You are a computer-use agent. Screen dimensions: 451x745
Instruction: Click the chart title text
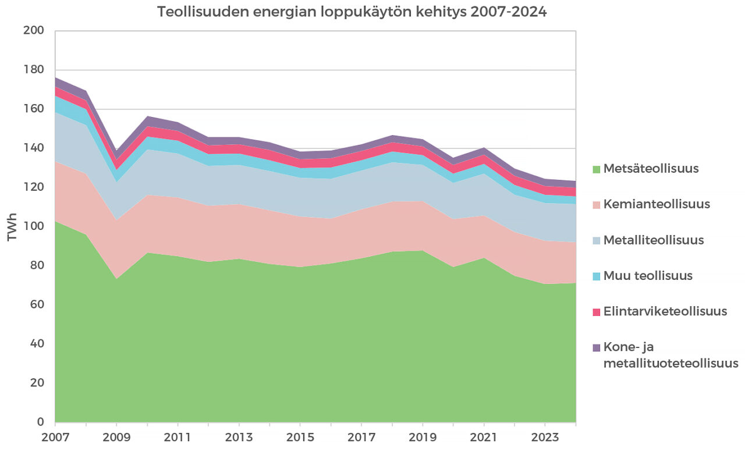[352, 12]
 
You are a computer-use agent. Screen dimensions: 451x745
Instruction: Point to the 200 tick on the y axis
[33, 31]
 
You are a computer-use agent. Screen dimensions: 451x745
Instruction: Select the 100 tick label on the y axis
[33, 226]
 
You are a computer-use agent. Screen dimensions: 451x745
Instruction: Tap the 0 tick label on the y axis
[40, 422]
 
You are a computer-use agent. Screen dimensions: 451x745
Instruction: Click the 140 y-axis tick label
[33, 148]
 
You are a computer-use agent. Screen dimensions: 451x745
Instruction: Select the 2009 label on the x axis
[117, 436]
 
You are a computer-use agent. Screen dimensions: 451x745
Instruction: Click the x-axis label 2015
[300, 436]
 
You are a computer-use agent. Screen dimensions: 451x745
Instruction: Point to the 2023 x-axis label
[545, 436]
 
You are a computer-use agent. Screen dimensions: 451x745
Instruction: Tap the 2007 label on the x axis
[55, 436]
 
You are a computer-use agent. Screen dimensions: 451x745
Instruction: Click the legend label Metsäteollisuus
[651, 169]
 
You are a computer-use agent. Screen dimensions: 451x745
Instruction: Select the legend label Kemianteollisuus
[657, 204]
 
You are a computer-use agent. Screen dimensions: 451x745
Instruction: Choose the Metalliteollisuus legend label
[654, 240]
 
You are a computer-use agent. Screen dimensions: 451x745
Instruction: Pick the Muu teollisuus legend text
[648, 276]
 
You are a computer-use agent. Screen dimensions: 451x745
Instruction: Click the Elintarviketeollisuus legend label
[665, 311]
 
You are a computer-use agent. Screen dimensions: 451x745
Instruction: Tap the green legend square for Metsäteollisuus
[596, 170]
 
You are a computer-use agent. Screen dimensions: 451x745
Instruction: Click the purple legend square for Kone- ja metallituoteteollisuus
[596, 347]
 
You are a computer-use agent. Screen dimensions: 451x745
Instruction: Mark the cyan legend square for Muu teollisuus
[596, 276]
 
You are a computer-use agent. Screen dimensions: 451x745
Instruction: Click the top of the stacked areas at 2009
[117, 151]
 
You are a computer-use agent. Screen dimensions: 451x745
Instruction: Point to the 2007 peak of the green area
[56, 222]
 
